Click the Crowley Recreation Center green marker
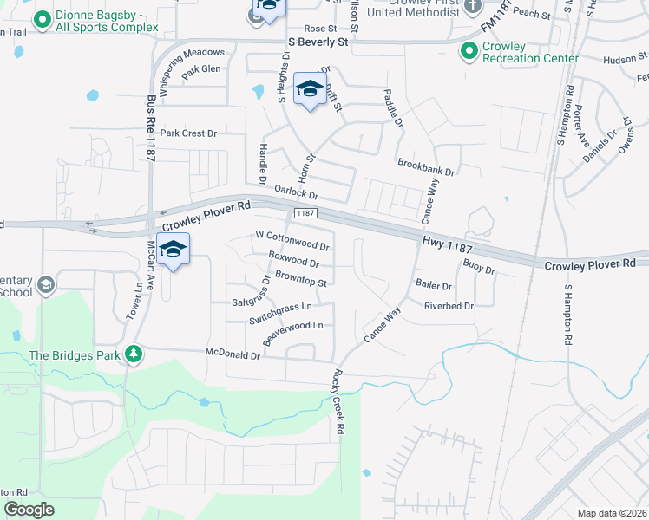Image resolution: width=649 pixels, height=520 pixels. point(469,52)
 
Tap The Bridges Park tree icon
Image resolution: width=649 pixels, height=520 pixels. point(133,354)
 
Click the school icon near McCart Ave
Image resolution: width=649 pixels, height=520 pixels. point(173,249)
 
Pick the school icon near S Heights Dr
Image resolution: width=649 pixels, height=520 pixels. point(310,89)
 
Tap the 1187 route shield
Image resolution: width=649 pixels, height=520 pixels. point(304,213)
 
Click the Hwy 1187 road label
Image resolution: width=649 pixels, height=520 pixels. point(446,246)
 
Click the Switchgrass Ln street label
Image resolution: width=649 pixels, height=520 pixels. point(279,307)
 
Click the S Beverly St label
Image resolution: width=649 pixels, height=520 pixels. point(318,42)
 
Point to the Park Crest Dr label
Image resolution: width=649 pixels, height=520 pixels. point(187,133)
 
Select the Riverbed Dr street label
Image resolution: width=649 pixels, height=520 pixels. point(449,306)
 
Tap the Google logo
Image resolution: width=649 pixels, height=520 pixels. point(29,509)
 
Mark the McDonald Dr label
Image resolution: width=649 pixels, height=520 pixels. point(233,354)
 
